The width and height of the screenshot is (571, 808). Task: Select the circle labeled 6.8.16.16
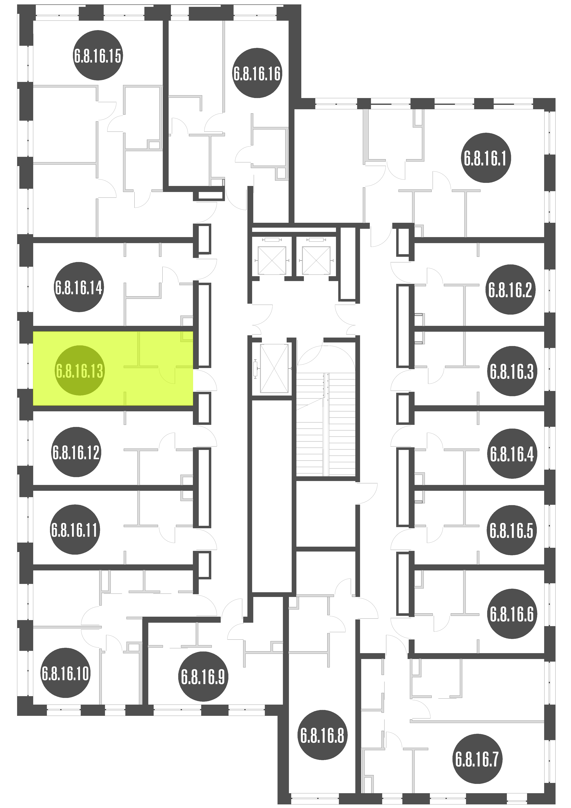point(257,73)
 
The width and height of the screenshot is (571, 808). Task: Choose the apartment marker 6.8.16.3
point(512,371)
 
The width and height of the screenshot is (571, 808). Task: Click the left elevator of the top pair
point(272,260)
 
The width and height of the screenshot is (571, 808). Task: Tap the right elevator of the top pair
point(316,260)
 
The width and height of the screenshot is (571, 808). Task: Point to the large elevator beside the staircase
point(274,368)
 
